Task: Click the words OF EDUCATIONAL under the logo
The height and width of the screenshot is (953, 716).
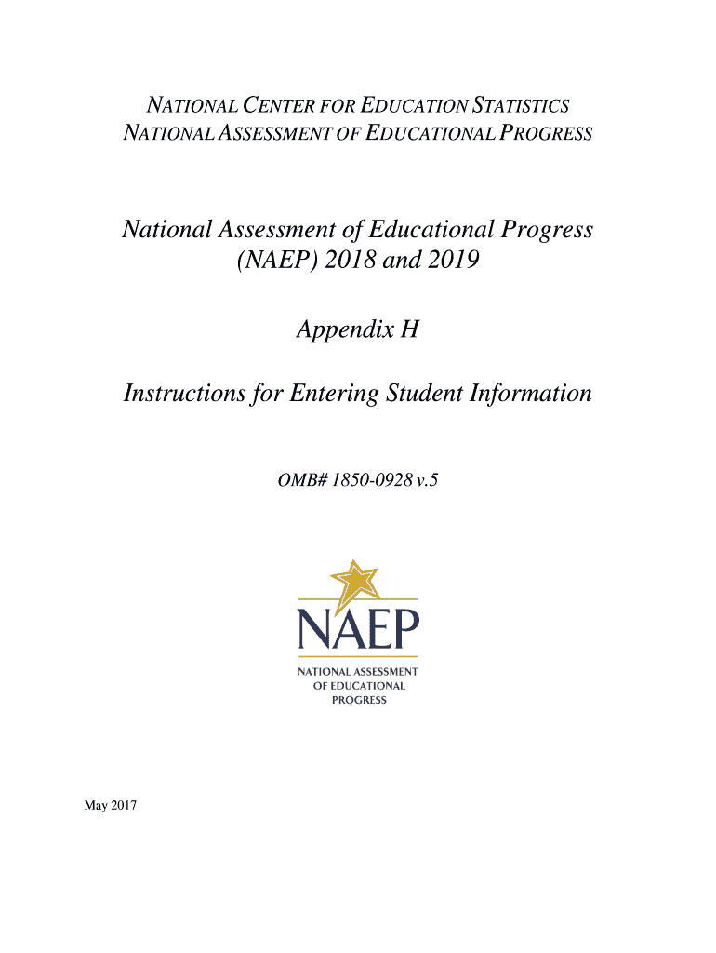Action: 358,686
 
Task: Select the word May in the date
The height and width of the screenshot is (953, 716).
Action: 95,806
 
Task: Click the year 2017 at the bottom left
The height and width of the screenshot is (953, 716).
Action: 124,806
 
